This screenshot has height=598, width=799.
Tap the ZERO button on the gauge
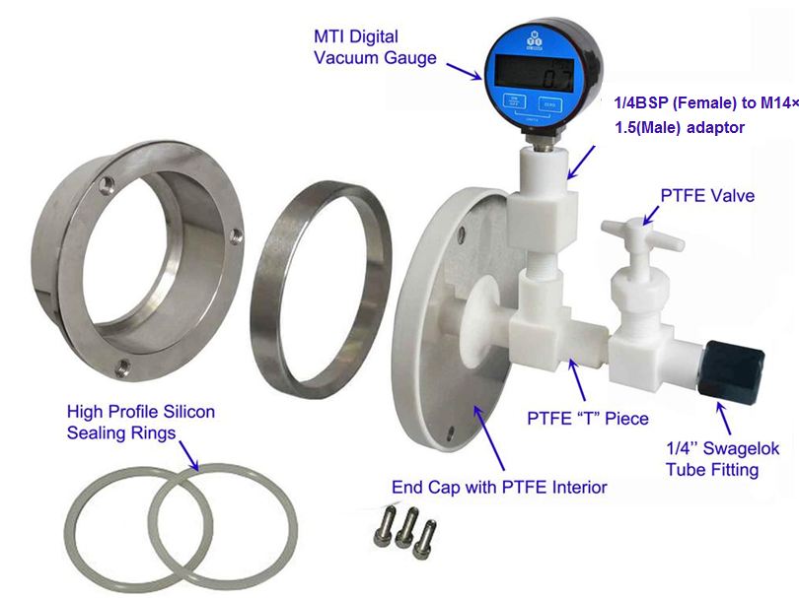tap(545, 101)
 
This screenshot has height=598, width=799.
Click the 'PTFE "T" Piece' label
tap(588, 419)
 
